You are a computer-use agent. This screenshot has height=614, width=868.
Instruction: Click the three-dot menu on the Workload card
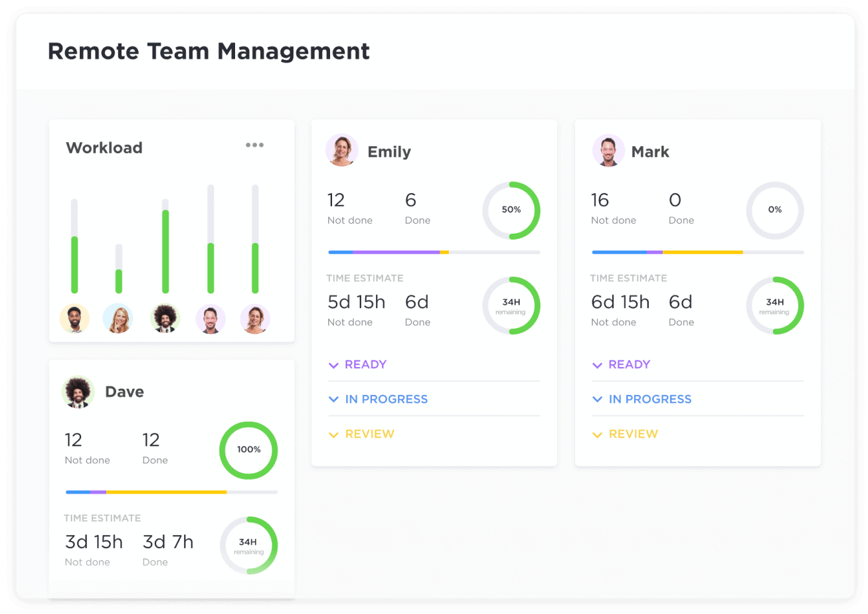[x=254, y=145]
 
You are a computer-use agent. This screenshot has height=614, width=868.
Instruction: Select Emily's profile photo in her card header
[x=342, y=151]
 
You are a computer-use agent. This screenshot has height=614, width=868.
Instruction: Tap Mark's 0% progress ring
[x=774, y=210]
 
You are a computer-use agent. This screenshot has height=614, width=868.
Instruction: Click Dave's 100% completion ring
[x=248, y=449]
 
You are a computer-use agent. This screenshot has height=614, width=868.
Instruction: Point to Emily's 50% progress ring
[x=511, y=210]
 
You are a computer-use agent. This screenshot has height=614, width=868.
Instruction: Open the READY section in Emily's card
[x=365, y=364]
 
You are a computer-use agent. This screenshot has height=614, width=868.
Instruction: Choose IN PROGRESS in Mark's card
[x=650, y=399]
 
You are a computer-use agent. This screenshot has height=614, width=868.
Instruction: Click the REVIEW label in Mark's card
[x=633, y=434]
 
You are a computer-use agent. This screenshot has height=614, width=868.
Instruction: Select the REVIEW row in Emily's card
[x=369, y=434]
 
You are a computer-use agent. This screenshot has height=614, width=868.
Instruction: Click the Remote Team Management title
[x=209, y=51]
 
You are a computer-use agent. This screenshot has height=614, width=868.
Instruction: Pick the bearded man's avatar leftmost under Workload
[x=74, y=319]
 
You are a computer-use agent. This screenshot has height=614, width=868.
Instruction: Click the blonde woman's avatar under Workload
[x=118, y=319]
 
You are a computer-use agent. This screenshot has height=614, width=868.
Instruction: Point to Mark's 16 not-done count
[x=600, y=200]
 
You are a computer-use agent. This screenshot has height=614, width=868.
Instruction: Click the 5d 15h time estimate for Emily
[x=356, y=302]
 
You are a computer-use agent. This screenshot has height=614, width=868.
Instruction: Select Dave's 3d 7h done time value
[x=168, y=542]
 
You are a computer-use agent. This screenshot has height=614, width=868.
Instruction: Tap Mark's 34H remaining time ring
[x=774, y=305]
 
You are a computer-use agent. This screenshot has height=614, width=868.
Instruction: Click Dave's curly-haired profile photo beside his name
[x=78, y=392]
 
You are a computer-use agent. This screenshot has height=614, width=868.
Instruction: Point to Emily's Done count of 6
[x=410, y=200]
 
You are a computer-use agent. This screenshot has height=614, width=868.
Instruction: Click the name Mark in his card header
[x=650, y=152]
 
